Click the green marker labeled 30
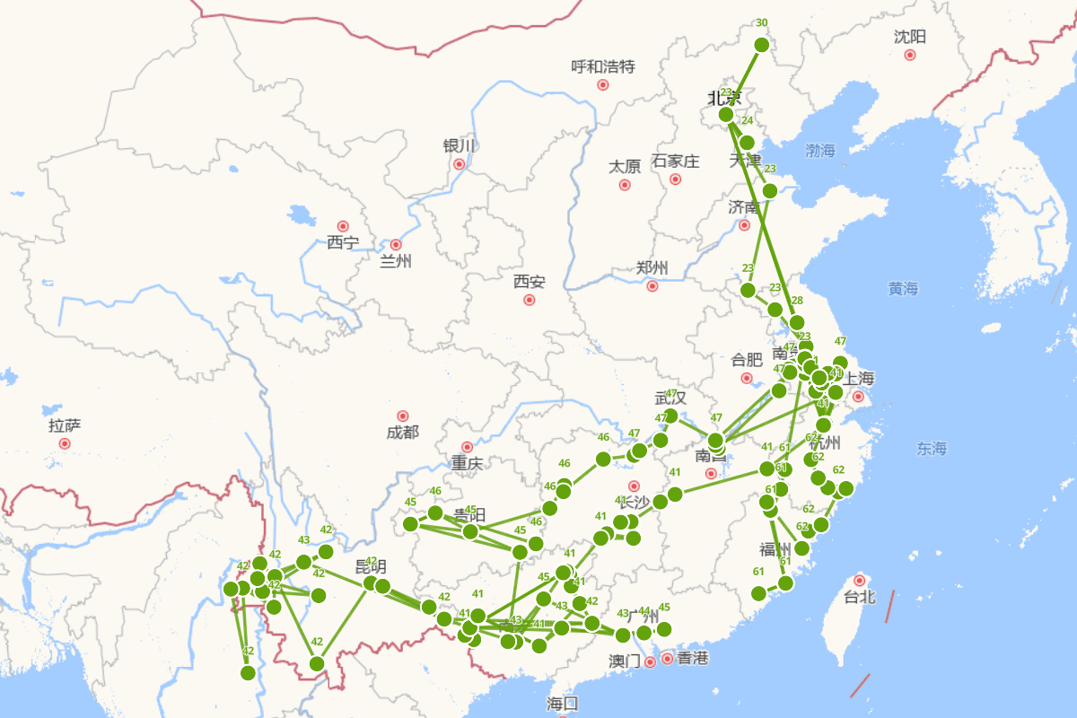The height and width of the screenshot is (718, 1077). point(762,45)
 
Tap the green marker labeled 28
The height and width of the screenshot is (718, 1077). point(796,322)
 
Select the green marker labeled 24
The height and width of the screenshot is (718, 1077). point(747,143)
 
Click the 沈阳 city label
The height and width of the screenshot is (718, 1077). point(909,37)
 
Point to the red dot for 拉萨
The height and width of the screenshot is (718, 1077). point(65,443)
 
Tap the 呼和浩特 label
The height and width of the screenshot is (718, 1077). point(603,66)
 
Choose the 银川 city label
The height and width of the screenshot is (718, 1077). point(458,145)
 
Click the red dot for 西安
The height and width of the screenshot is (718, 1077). point(530,300)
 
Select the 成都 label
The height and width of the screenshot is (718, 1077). point(402,433)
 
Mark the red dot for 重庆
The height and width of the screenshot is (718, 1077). point(467,447)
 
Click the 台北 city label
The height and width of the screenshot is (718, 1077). point(860,597)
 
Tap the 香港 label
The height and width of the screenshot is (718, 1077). point(692,659)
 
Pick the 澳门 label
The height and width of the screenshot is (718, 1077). point(625,661)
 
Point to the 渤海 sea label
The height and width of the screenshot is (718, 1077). point(819,151)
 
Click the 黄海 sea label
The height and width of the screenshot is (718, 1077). point(904,288)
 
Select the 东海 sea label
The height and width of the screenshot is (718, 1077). point(932,448)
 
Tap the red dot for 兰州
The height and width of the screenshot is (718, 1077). point(396,244)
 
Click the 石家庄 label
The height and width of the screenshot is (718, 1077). point(675,162)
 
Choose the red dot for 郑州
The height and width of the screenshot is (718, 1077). point(652,286)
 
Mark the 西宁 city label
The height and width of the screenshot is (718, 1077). point(342,242)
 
